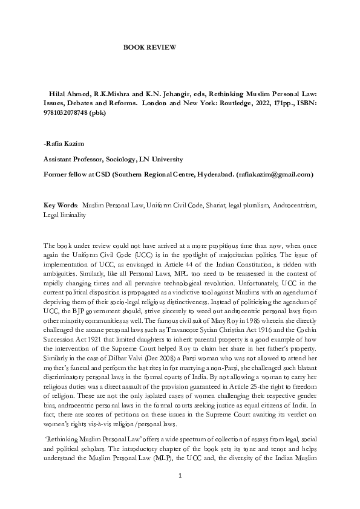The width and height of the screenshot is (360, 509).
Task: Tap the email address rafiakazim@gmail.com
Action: [277, 174]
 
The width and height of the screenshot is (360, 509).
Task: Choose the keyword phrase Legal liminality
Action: [65, 215]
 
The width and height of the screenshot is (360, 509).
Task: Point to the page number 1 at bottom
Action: [180, 477]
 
